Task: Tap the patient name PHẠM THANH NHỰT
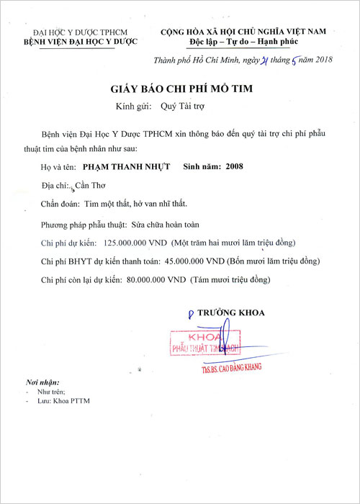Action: tap(126, 166)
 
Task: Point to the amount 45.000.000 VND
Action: tap(196, 261)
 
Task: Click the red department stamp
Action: tap(203, 342)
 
